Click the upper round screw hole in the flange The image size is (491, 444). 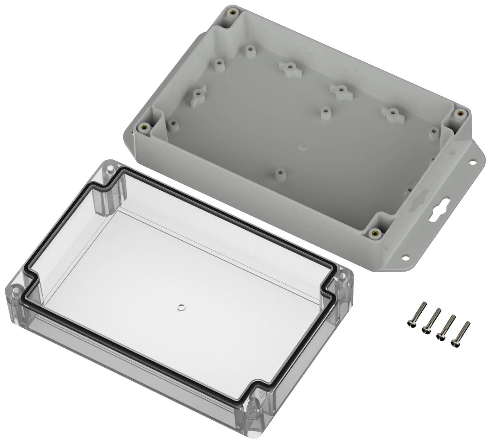pyautogui.click(x=471, y=163)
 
